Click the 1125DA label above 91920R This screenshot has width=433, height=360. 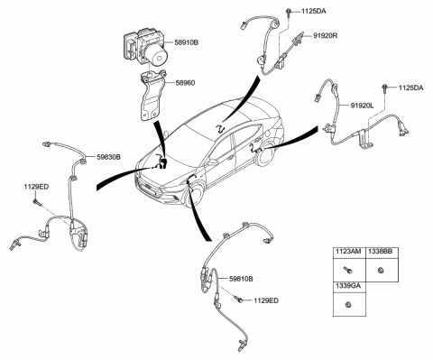(x=304, y=11)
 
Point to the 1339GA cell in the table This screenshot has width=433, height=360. (x=346, y=286)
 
